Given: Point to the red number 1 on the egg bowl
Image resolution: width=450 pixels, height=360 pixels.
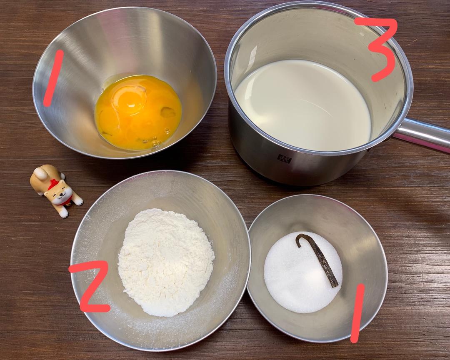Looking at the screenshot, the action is [53, 78].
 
